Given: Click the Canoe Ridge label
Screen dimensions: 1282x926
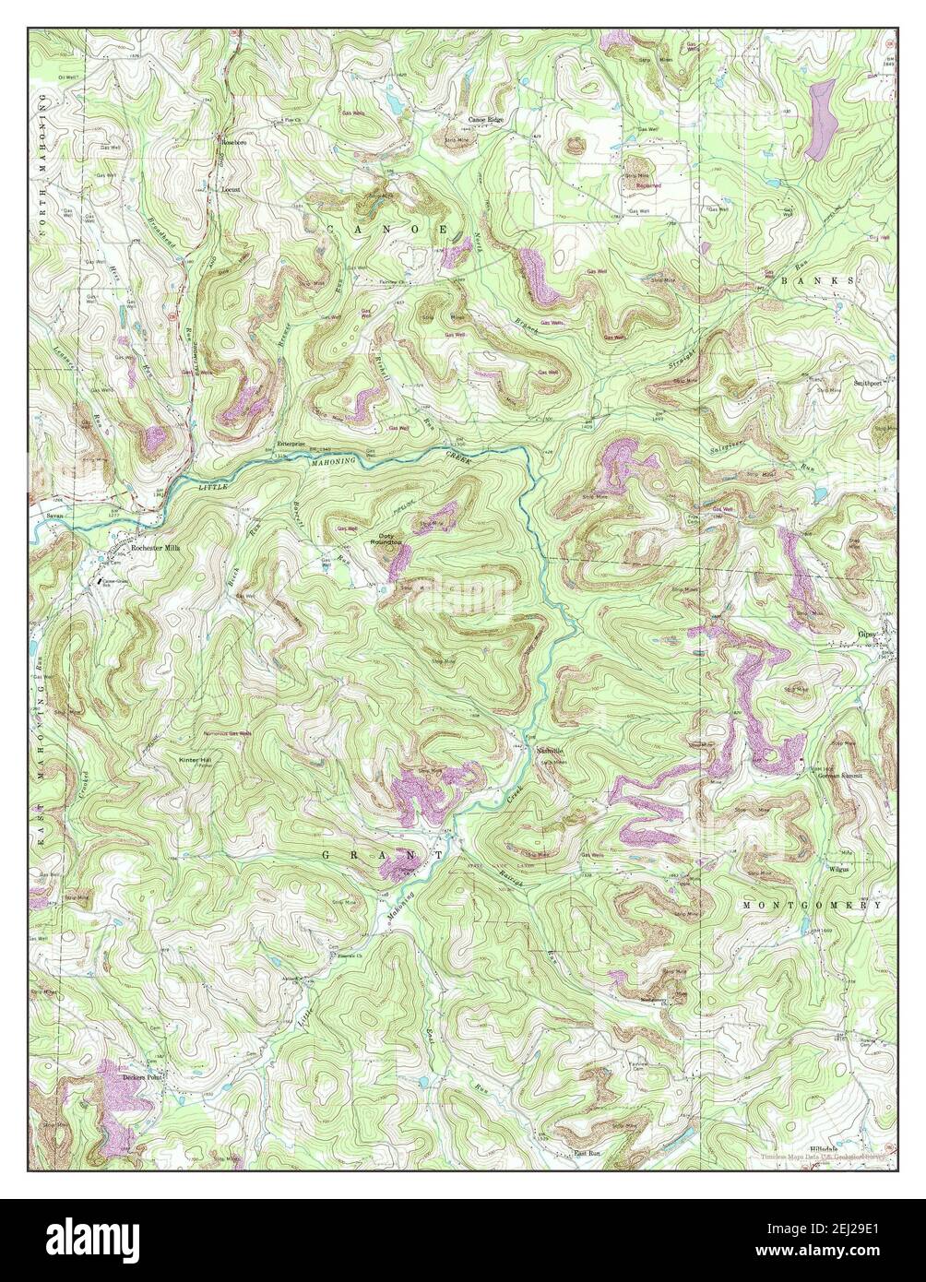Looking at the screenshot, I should (x=486, y=120).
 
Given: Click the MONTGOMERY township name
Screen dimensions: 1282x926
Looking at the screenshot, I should (x=813, y=906).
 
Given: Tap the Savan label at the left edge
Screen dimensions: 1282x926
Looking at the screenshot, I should (x=52, y=516).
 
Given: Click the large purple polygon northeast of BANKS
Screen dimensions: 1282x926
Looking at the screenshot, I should (x=819, y=120).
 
